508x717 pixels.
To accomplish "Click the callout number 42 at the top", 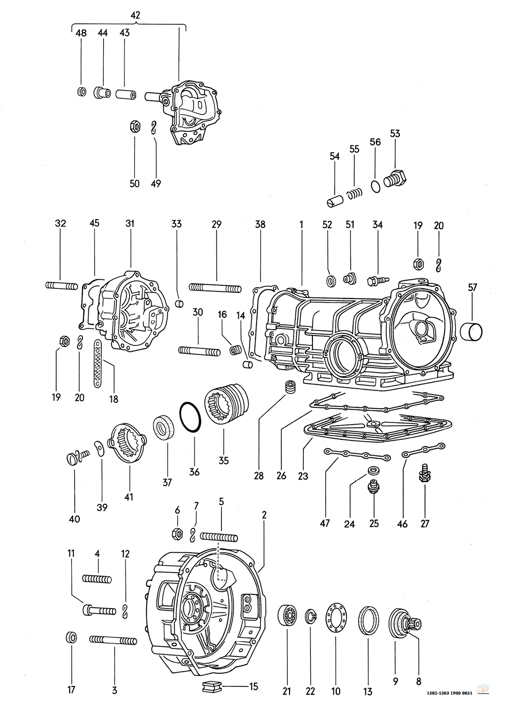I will tap(135, 15).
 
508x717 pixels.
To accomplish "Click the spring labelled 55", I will tap(355, 194).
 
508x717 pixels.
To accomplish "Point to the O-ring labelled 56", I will tap(375, 187).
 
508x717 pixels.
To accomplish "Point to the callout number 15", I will tap(253, 686).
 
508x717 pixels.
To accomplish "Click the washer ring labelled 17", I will tap(71, 638).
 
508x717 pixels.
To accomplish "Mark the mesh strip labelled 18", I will tap(97, 365).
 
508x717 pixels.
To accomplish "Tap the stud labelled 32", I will tap(61, 285).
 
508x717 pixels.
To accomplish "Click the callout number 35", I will tap(223, 461).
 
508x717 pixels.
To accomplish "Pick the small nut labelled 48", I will tap(81, 92).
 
